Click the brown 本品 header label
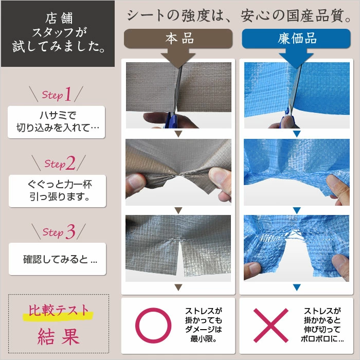178,39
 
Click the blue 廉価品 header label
296,39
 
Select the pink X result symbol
271,326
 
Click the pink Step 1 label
57,94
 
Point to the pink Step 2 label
60,163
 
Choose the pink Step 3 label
59,231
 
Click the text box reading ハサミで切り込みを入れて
57,122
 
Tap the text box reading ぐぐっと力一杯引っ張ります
58,191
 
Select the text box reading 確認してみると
58,259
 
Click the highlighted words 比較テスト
59,311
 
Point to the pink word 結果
59,336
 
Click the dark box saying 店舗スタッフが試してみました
58,34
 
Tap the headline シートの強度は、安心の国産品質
239,15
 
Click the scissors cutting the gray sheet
174,101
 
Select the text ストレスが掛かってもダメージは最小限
204,325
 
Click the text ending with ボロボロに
322,325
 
